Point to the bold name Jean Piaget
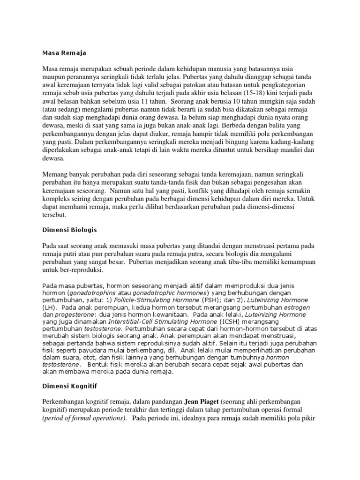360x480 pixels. coord(203,402)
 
